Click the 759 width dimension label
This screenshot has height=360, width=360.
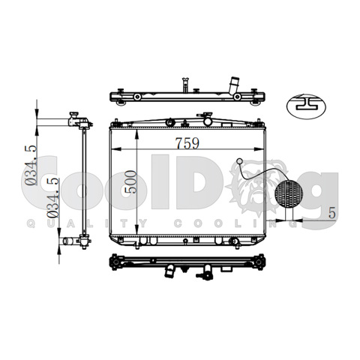click(x=187, y=143)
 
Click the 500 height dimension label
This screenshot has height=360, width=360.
click(x=130, y=181)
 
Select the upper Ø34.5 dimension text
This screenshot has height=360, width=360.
click(x=31, y=165)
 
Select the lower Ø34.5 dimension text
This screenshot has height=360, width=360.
click(x=52, y=197)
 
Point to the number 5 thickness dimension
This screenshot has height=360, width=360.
click(x=331, y=213)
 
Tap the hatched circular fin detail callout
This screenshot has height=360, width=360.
click(x=289, y=193)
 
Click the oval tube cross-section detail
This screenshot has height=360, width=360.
click(x=306, y=106)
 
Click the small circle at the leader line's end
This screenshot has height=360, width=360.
click(x=239, y=161)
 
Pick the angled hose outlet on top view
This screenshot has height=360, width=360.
click(x=234, y=85)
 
